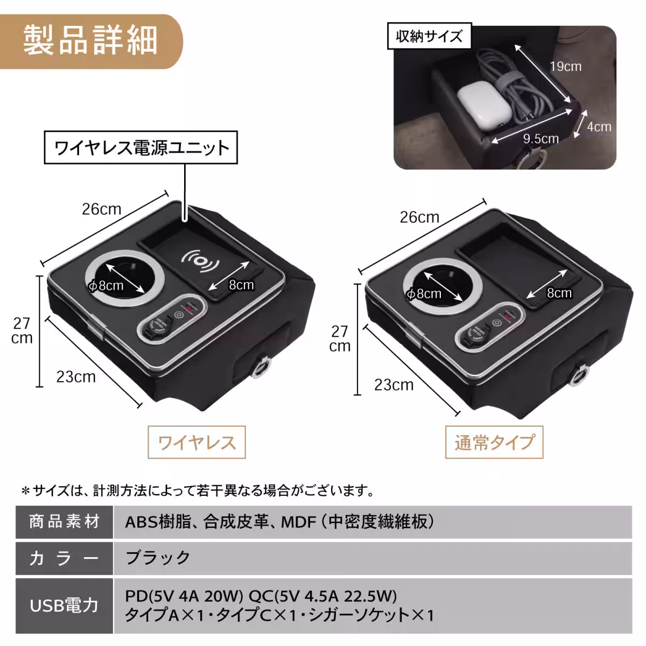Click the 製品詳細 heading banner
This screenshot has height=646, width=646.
click(x=90, y=41)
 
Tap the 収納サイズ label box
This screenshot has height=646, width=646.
click(x=429, y=36)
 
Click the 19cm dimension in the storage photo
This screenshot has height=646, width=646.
click(x=565, y=67)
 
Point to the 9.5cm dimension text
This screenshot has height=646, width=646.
click(x=540, y=139)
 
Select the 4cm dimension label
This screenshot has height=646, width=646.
click(x=599, y=127)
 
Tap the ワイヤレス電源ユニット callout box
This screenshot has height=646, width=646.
click(x=141, y=148)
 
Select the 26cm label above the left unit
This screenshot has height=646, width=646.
click(x=101, y=209)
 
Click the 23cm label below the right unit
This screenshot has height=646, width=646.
click(x=394, y=385)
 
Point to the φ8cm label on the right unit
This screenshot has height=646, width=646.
click(x=424, y=294)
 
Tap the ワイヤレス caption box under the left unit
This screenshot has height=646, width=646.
click(x=196, y=443)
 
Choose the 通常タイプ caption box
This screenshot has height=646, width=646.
click(x=494, y=443)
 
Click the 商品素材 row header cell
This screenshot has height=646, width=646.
click(x=64, y=522)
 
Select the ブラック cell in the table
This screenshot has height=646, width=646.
click(x=157, y=557)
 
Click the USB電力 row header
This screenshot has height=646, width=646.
click(x=64, y=605)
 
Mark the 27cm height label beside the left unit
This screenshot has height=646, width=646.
click(x=22, y=331)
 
